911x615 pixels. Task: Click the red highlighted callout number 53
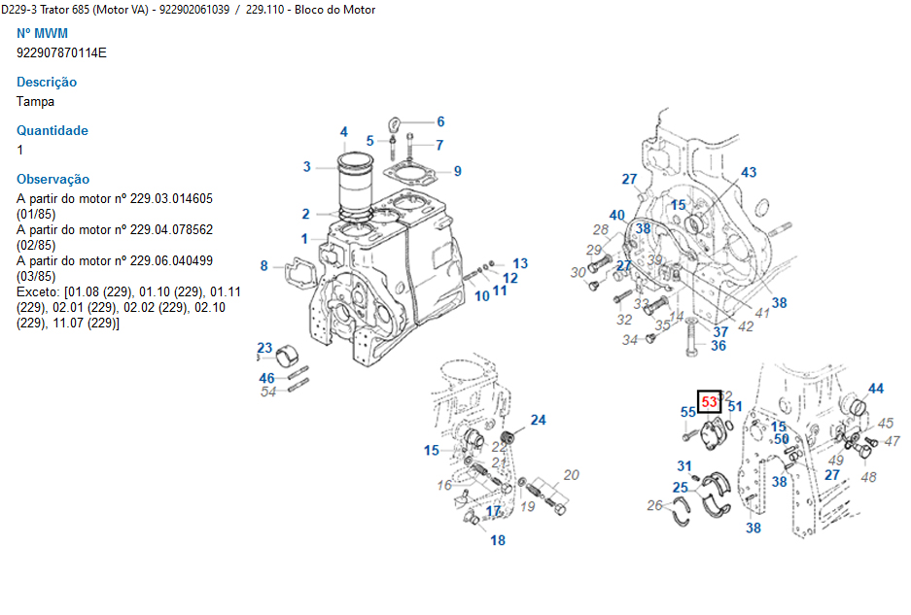coord(709,401)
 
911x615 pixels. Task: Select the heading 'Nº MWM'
coord(43,34)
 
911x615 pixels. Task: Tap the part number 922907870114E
coord(61,52)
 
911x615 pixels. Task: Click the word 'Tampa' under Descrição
coord(35,101)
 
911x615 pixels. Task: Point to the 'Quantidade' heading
coord(53,130)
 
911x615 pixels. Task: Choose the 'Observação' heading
coord(53,179)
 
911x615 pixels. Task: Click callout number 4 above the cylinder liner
coord(343,132)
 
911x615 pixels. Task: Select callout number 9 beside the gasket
coord(457,171)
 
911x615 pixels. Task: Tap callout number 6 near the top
coord(440,121)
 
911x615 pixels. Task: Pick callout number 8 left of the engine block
coord(263,265)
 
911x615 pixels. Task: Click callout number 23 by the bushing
coord(264,348)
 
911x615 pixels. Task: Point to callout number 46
coord(266,378)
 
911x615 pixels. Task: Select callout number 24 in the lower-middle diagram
coord(538,420)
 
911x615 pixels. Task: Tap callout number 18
coord(498,540)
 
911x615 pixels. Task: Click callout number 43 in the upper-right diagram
coord(749,172)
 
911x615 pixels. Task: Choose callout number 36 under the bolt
coord(718,345)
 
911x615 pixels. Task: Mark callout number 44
coord(876,389)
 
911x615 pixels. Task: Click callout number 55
coord(687,412)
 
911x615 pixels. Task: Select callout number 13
coord(520,263)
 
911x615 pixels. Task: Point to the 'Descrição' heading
coord(47,82)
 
